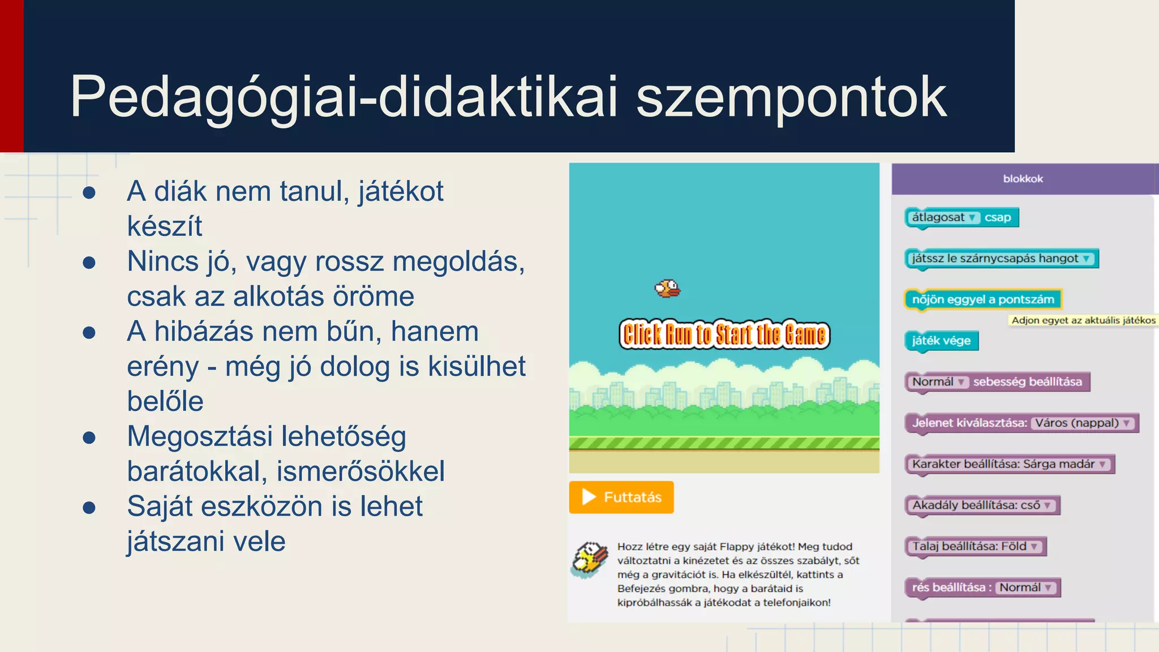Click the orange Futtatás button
pyautogui.click(x=621, y=497)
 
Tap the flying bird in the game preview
pyautogui.click(x=668, y=289)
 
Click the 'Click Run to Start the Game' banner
pyautogui.click(x=724, y=334)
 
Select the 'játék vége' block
pyautogui.click(x=941, y=341)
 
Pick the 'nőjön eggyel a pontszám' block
pyautogui.click(x=982, y=299)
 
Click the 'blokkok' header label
pyautogui.click(x=1023, y=179)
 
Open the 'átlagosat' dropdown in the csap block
pyautogui.click(x=943, y=217)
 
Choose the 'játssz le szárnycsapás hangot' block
pyautogui.click(x=1000, y=259)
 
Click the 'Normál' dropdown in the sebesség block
pyautogui.click(x=938, y=382)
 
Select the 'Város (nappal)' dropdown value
pyautogui.click(x=1083, y=423)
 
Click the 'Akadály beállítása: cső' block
pyautogui.click(x=981, y=505)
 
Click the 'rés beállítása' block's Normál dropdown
pyautogui.click(x=1025, y=587)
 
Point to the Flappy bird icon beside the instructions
pyautogui.click(x=590, y=559)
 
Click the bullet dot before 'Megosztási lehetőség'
pyautogui.click(x=89, y=437)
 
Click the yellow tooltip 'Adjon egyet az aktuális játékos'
pyautogui.click(x=1082, y=320)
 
